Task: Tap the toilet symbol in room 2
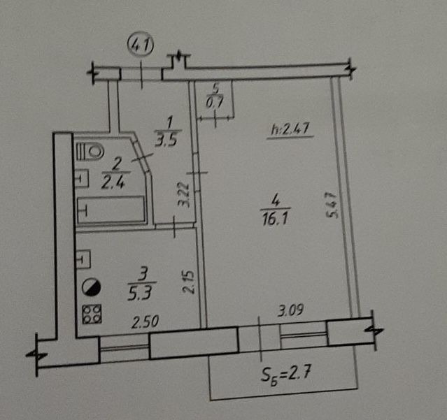[92, 150]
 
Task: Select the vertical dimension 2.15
[186, 282]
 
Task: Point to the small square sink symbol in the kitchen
[82, 261]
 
